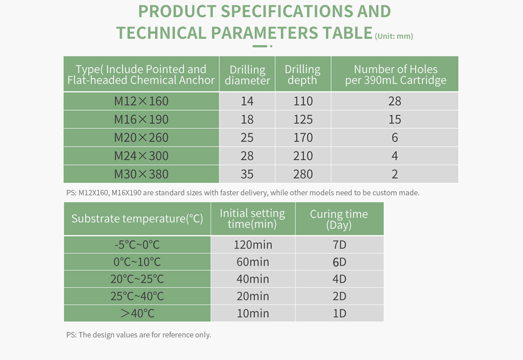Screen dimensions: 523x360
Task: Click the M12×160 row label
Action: pyautogui.click(x=141, y=101)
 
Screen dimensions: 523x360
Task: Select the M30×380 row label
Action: pyautogui.click(x=141, y=174)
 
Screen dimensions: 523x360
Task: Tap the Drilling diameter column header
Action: pyautogui.click(x=247, y=75)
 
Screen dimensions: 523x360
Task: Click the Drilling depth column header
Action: pyautogui.click(x=303, y=74)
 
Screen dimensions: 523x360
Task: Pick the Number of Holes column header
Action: pyautogui.click(x=395, y=74)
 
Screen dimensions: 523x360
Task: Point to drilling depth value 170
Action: pyautogui.click(x=303, y=138)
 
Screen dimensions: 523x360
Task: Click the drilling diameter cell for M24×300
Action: pyautogui.click(x=247, y=156)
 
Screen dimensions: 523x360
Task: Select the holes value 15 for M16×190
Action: pyautogui.click(x=395, y=120)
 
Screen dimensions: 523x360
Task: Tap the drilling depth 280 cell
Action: pyautogui.click(x=303, y=174)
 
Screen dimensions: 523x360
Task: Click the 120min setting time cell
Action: pyautogui.click(x=253, y=245)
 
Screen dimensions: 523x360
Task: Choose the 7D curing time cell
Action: pyautogui.click(x=339, y=245)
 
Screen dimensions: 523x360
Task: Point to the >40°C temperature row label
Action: pyautogui.click(x=138, y=313)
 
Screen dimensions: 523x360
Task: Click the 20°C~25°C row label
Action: pyautogui.click(x=137, y=279)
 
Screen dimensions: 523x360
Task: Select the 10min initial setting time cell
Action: pyautogui.click(x=253, y=313)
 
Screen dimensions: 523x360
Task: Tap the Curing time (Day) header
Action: pyautogui.click(x=339, y=219)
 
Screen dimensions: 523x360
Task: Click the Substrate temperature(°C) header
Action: pyautogui.click(x=137, y=218)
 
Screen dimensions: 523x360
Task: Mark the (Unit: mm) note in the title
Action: pyautogui.click(x=394, y=36)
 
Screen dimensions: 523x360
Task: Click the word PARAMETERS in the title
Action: pyautogui.click(x=265, y=32)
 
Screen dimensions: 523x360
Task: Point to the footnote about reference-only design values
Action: pyautogui.click(x=138, y=335)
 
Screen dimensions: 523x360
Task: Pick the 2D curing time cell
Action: pyautogui.click(x=339, y=296)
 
